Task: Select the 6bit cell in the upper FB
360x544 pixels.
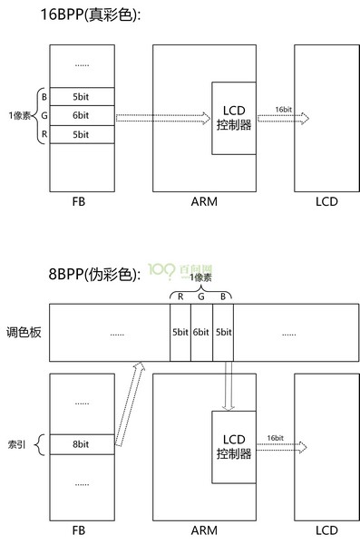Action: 81,115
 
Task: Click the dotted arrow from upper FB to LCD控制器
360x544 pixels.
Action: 163,116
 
